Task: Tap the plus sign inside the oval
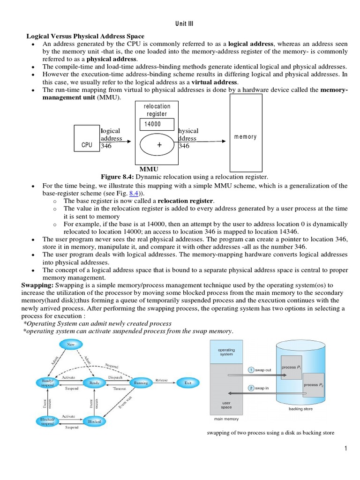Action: point(159,145)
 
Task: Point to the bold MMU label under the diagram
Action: point(149,169)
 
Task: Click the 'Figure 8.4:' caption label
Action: point(117,177)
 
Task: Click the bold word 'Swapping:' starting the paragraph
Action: point(38,285)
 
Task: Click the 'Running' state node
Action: point(141,382)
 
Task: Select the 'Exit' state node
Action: point(187,382)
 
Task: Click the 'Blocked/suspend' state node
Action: point(47,421)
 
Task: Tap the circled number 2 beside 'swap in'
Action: point(251,388)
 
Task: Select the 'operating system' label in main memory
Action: point(226,352)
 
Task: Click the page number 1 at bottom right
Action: point(345,449)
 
